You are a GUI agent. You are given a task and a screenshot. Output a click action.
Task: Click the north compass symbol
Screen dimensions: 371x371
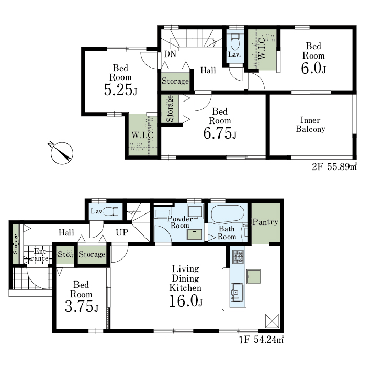62,153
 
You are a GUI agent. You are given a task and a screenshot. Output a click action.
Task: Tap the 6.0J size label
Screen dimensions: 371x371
313,69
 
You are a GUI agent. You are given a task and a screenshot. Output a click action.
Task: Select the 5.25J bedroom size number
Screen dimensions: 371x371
120,90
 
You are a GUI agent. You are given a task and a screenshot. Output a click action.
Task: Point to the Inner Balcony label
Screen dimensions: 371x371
310,125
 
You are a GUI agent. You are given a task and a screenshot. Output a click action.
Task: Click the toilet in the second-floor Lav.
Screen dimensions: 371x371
235,41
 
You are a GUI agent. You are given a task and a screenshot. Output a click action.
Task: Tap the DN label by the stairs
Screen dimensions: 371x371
170,54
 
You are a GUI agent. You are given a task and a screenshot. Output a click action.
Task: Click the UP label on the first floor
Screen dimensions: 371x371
122,232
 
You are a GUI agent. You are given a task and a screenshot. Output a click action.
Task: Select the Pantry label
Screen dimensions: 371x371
265,222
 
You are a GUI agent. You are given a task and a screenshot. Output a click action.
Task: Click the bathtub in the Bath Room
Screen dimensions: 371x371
228,214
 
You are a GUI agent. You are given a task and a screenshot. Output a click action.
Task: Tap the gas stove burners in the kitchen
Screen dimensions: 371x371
238,257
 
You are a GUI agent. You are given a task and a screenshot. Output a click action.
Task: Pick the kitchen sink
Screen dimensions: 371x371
237,292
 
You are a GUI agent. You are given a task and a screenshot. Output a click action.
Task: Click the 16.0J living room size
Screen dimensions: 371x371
186,301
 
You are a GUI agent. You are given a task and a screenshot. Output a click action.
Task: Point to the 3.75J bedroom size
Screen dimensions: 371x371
82,307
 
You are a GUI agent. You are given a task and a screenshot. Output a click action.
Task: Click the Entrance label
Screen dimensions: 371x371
40,255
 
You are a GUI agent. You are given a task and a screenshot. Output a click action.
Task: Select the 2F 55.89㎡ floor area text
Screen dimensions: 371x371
334,167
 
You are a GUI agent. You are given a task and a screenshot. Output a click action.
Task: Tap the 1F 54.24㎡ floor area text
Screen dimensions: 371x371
261,340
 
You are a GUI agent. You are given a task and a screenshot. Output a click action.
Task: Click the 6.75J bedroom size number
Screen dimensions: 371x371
220,133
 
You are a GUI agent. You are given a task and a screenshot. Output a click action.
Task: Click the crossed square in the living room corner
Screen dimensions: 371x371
272,321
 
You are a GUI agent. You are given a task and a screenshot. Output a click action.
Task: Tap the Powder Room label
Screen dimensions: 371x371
180,222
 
